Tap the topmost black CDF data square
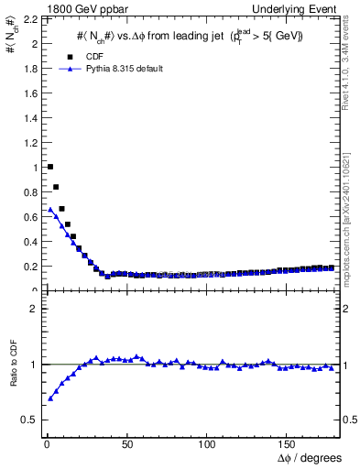(x=49, y=167)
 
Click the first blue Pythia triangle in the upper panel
(x=49, y=209)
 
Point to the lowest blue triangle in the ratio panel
(x=49, y=398)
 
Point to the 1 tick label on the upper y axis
(x=34, y=168)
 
